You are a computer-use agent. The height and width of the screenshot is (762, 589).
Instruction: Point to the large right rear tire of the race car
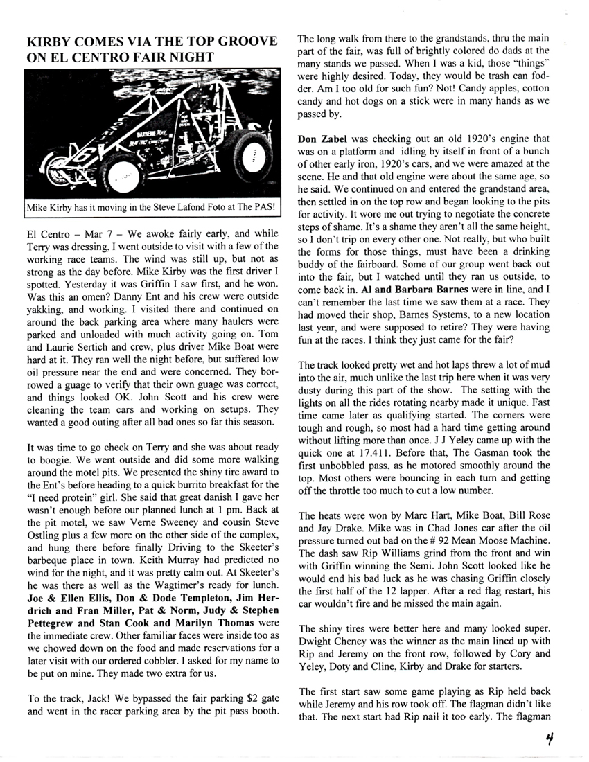click(252, 158)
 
